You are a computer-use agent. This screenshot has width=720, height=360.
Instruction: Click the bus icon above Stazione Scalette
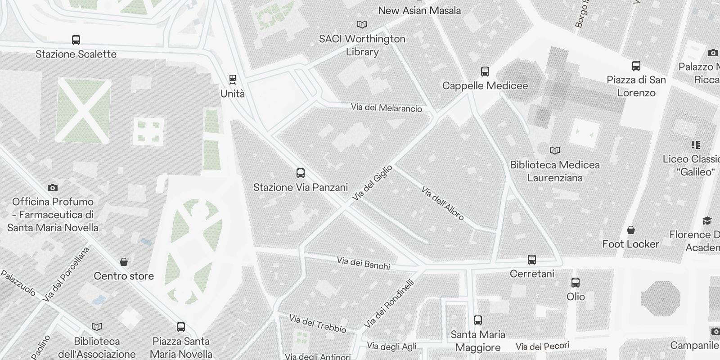76,40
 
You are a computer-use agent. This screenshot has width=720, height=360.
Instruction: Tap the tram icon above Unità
233,80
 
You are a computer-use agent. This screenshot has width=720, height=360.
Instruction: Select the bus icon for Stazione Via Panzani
301,173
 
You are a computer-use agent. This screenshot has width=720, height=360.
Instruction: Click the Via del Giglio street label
372,183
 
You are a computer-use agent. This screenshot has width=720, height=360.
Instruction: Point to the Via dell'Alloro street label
442,203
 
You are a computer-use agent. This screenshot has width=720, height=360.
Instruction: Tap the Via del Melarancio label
387,108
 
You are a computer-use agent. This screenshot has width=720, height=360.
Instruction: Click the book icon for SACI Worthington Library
362,25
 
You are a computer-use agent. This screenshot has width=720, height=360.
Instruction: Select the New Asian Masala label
419,10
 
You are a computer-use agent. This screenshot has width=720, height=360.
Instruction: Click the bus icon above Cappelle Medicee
485,72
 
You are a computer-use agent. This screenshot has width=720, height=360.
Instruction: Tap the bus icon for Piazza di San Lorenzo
636,66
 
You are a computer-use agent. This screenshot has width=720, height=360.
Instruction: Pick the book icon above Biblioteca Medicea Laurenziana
555,151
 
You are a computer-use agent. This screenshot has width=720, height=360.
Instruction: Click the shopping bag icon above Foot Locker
631,230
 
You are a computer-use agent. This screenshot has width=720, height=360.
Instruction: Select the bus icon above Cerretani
532,260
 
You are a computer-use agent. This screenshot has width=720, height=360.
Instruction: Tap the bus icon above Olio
576,283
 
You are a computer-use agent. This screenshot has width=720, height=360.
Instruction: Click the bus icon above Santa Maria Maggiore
478,320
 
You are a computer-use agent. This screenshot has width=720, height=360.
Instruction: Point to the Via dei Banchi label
364,264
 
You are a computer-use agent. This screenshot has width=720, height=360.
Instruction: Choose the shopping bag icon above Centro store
124,262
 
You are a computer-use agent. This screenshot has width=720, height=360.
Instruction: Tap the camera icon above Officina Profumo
53,188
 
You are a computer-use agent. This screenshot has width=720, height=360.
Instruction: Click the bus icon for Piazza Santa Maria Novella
181,327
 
